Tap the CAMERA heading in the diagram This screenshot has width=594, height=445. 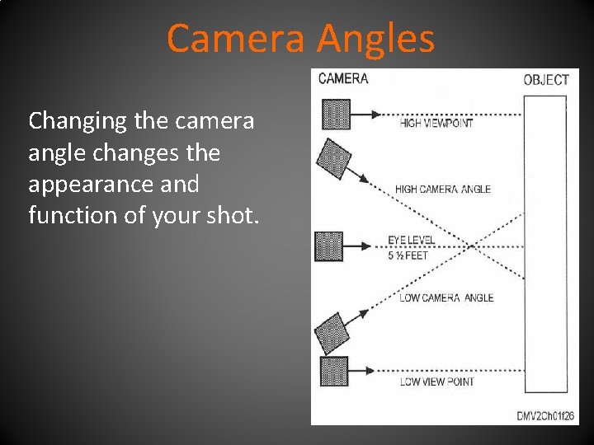coord(342,79)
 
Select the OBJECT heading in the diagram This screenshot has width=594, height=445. coord(546,80)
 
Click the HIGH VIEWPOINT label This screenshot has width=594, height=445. coord(436,124)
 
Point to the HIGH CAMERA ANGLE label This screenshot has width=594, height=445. coord(443,189)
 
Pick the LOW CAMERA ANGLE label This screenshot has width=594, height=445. coord(446,297)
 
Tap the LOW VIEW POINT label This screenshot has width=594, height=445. coord(437,382)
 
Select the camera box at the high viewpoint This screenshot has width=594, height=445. coord(335,115)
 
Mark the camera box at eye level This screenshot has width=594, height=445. coord(329,246)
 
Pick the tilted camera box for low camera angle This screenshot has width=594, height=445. coord(333,333)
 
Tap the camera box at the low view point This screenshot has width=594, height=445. coord(333,372)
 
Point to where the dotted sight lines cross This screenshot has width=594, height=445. coord(470,246)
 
